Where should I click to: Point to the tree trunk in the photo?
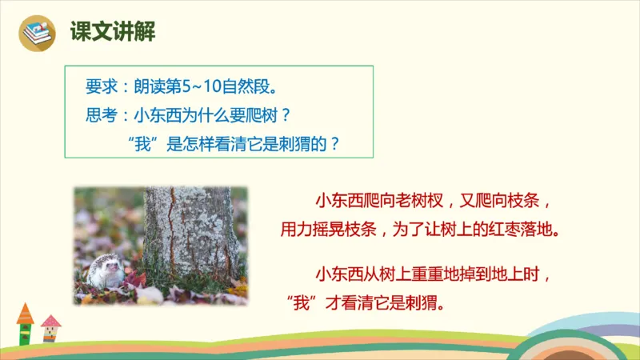(190, 232)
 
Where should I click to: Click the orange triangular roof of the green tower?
(25, 311)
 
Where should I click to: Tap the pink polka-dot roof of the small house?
(50, 322)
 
